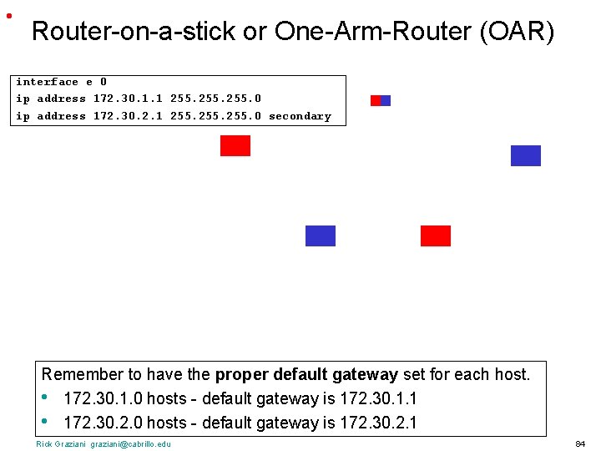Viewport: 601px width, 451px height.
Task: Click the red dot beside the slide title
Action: [x=8, y=16]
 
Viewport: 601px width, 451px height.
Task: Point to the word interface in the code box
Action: [x=47, y=82]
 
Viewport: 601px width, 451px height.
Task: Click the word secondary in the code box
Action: [x=300, y=116]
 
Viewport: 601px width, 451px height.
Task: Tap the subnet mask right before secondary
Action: [x=215, y=116]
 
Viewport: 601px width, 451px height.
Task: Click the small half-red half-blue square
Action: [x=381, y=100]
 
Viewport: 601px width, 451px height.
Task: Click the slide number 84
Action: [x=580, y=443]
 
